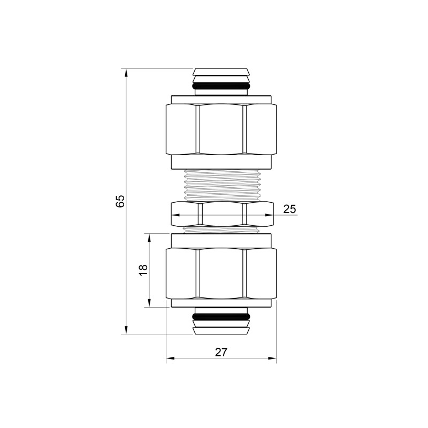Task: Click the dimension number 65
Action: [x=120, y=202]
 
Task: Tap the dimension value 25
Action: [x=289, y=209]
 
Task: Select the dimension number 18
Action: [x=142, y=271]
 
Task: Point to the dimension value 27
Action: [x=221, y=352]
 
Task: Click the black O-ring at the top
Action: [x=221, y=86]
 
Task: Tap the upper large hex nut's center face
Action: [x=221, y=129]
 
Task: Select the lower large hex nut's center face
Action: [x=221, y=274]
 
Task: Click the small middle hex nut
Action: [x=221, y=215]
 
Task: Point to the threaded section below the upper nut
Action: [x=221, y=185]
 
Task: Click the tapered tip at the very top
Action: [x=221, y=72]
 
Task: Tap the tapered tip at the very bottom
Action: [x=221, y=331]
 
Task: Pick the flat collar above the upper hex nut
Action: [x=221, y=99]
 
